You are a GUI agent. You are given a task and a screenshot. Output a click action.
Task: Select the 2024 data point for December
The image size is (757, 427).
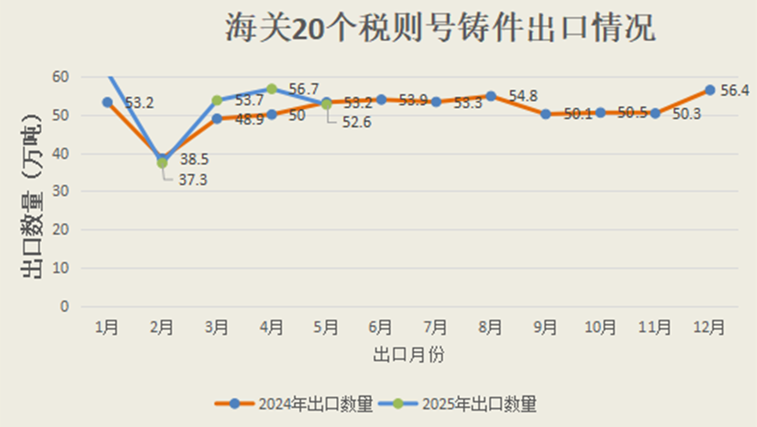(x=710, y=90)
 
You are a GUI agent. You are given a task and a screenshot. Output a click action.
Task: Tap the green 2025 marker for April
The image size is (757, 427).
(x=272, y=89)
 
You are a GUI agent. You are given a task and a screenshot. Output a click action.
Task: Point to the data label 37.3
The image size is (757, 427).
(x=193, y=179)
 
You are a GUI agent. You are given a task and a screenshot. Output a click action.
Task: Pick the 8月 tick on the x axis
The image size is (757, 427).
(x=490, y=327)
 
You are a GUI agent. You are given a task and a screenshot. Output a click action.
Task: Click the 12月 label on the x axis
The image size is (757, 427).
(x=710, y=327)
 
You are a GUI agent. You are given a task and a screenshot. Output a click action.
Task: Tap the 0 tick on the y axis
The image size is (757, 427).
(x=63, y=306)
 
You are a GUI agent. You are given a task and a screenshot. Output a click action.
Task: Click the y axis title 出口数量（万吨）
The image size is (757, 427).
(x=33, y=195)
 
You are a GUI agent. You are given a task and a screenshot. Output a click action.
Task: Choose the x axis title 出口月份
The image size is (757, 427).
(x=408, y=354)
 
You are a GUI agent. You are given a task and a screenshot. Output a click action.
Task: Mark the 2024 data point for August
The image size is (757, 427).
(x=490, y=96)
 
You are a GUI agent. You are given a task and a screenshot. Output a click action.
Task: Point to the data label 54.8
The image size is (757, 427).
(x=523, y=95)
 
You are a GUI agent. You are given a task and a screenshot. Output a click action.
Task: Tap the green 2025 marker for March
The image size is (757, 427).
(x=217, y=100)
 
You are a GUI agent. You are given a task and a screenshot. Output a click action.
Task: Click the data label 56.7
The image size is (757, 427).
(x=303, y=89)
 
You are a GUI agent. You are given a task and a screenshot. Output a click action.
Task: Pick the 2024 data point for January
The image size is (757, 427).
(x=107, y=102)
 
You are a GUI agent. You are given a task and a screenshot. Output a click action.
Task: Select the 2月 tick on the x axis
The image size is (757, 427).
(x=162, y=327)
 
